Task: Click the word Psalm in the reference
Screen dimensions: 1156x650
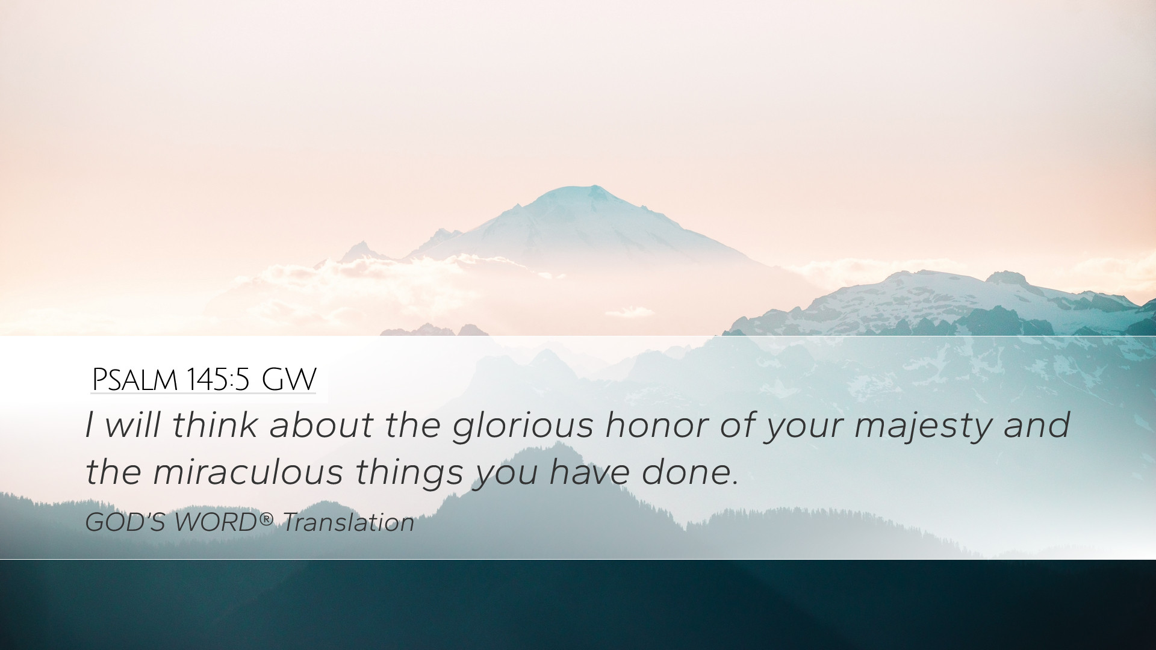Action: [x=135, y=379]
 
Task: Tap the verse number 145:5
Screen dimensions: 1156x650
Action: [x=217, y=379]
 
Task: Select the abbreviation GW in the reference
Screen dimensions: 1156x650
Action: [x=289, y=379]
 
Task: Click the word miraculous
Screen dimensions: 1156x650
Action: [x=247, y=472]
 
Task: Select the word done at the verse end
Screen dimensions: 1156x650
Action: [x=689, y=472]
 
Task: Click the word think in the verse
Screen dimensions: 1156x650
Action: [x=215, y=425]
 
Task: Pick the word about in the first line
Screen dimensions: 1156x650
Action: [x=322, y=425]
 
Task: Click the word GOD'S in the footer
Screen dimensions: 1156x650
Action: [x=125, y=522]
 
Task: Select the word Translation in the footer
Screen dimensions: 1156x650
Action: [x=349, y=522]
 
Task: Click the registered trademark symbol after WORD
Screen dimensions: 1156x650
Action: [x=266, y=518]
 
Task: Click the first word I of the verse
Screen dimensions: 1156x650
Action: [x=90, y=425]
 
